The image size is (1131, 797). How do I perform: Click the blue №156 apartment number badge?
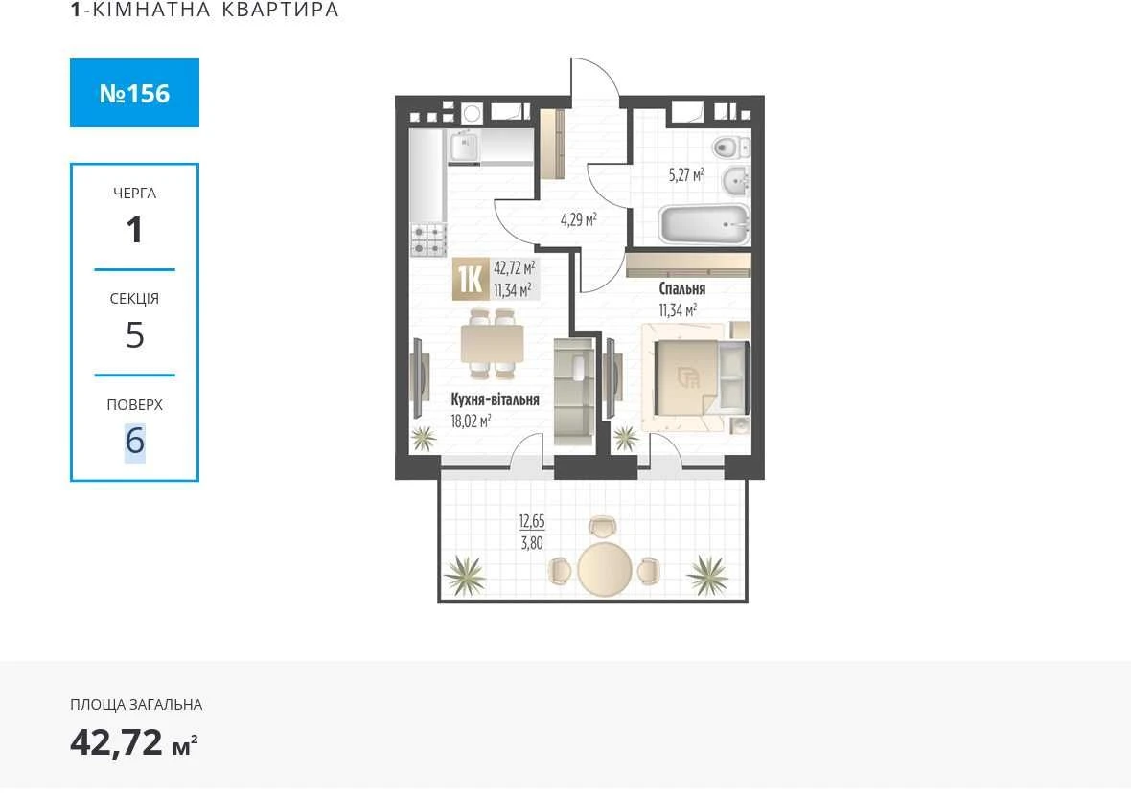pos(134,93)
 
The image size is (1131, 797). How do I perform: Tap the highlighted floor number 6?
pos(135,441)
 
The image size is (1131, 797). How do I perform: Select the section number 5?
pos(135,335)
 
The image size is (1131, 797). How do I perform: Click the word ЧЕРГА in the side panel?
pos(135,194)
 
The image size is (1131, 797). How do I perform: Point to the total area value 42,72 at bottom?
pos(116,741)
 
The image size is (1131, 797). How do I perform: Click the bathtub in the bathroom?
pos(704,224)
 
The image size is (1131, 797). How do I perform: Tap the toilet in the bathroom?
pos(731,148)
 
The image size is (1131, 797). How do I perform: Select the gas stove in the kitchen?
pos(428,240)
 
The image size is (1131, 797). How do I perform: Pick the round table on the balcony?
pos(605,569)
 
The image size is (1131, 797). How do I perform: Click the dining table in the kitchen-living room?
pos(492,344)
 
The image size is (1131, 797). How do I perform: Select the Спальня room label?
pos(682,289)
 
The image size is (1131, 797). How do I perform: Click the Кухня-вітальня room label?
pos(495,399)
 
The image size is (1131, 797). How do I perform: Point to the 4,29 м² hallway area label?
pos(579,219)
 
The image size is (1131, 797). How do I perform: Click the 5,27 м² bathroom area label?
pos(686,174)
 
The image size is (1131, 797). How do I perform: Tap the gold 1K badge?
pos(470,280)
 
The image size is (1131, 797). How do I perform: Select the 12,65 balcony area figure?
pos(532,521)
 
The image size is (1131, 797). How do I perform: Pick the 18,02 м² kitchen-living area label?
pos(471,421)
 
